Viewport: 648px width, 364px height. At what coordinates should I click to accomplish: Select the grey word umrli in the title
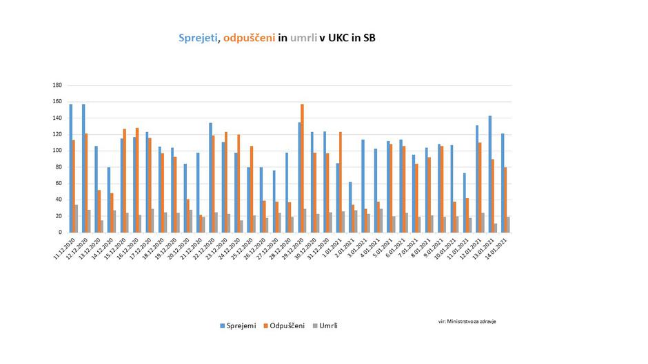click(x=303, y=39)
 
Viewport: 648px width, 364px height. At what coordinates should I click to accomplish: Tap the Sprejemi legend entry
click(x=239, y=325)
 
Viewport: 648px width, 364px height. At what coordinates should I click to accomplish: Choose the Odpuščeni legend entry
click(x=287, y=325)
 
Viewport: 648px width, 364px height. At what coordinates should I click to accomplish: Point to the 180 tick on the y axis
click(x=57, y=85)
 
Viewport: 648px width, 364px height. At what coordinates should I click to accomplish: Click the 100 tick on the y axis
click(x=57, y=151)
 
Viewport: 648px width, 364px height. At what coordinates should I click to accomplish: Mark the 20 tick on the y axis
click(x=59, y=216)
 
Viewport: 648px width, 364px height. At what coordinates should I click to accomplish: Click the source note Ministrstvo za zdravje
click(x=467, y=321)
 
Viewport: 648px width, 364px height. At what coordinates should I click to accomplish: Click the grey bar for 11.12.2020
click(x=76, y=218)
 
